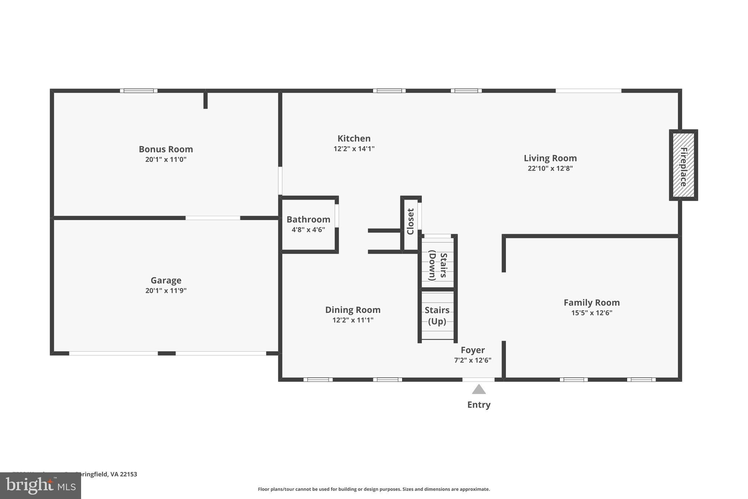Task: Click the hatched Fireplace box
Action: point(683,165)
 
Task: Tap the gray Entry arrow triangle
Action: point(478,390)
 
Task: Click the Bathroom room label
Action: point(308,219)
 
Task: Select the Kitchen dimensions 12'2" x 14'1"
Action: point(354,149)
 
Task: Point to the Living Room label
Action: point(550,158)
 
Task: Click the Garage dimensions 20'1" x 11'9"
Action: point(166,291)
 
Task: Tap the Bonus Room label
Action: point(166,149)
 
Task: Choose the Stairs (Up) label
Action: point(437,315)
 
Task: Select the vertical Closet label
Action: point(410,222)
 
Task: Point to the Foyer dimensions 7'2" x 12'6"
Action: point(473,360)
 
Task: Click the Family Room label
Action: point(591,303)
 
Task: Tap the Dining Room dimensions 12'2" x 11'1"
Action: point(353,320)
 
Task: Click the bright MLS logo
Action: point(41,485)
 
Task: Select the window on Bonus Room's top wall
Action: point(139,91)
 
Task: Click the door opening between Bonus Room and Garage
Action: point(213,218)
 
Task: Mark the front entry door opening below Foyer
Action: point(478,379)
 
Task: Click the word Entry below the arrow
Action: point(478,405)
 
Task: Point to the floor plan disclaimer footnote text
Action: point(374,489)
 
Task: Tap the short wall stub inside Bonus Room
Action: point(205,100)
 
